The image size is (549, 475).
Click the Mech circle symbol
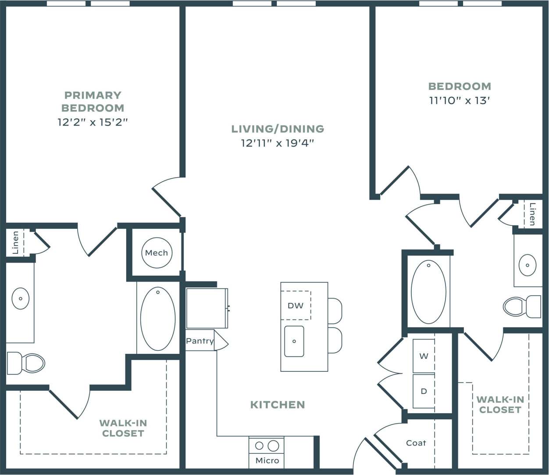157,253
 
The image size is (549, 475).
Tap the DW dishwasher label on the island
296,306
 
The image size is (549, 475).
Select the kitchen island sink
294,341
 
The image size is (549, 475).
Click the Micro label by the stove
267,461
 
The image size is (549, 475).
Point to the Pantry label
200,341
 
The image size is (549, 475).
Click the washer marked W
424,356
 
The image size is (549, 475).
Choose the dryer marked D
424,391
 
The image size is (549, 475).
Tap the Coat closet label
416,443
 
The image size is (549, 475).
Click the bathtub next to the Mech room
158,319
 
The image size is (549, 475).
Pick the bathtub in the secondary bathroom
428,292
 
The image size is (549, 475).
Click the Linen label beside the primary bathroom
16,243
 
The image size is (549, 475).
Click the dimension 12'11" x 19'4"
278,143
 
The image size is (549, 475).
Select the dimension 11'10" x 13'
459,101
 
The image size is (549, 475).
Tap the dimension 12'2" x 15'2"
93,122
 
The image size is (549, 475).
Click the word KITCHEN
277,405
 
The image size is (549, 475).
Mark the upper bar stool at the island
335,310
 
